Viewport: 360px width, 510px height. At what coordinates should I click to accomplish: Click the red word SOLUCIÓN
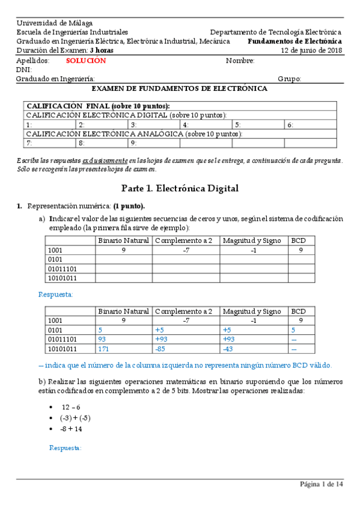point(85,61)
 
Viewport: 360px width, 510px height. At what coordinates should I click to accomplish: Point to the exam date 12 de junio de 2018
point(311,51)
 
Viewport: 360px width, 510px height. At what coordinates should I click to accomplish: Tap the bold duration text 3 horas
point(101,51)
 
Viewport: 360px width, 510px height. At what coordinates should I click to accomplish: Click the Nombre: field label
point(240,61)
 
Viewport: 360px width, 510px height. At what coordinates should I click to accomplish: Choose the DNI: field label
point(23,70)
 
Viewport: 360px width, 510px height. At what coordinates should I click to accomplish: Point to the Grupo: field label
point(289,79)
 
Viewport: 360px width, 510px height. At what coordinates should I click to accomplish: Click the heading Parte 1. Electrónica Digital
point(180,188)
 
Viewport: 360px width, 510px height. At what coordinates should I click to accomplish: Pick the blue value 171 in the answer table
point(105,348)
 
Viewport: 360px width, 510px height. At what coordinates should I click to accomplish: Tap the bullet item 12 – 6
point(70,407)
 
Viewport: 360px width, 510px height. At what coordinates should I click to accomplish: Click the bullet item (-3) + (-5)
point(75,418)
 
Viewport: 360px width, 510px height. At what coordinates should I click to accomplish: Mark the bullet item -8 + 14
point(71,429)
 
